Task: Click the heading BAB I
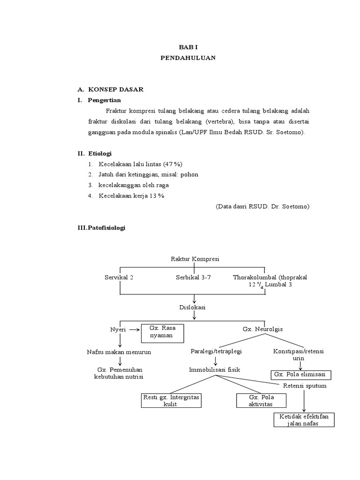[x=188, y=48]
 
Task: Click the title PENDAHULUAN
[x=188, y=58]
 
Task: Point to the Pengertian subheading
[x=104, y=100]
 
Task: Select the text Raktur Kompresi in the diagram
[x=195, y=259]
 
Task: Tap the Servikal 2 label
[x=119, y=277]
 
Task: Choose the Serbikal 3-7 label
[x=193, y=277]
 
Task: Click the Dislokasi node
[x=193, y=307]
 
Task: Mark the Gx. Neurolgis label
[x=262, y=330]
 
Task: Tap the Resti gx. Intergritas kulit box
[x=171, y=401]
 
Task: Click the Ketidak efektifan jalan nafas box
[x=304, y=420]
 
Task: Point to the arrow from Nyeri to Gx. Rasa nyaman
[x=134, y=330]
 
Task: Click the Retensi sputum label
[x=305, y=386]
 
